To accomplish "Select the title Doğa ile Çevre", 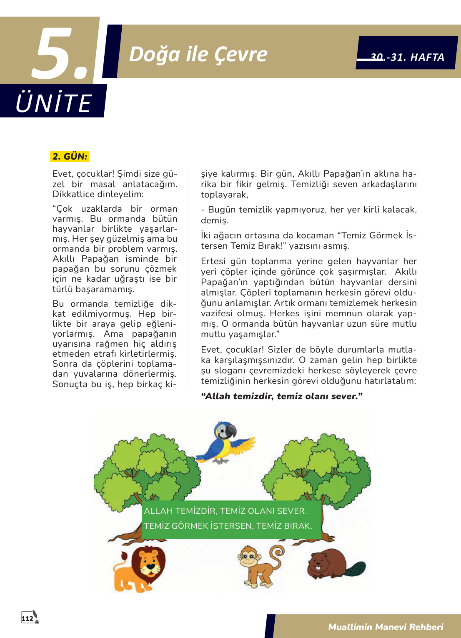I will [x=198, y=54].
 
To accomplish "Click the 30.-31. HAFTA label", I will [x=407, y=57].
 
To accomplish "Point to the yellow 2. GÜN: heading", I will [x=70, y=157].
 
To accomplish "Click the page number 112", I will [x=28, y=618].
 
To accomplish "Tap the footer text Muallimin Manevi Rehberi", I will [x=386, y=627].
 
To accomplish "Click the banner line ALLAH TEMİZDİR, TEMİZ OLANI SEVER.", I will [x=225, y=511].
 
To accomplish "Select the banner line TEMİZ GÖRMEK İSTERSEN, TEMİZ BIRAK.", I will [x=228, y=526].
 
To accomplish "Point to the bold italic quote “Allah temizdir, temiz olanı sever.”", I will [x=282, y=396].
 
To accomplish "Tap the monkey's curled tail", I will [x=277, y=552].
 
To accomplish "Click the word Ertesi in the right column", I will [x=213, y=261].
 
